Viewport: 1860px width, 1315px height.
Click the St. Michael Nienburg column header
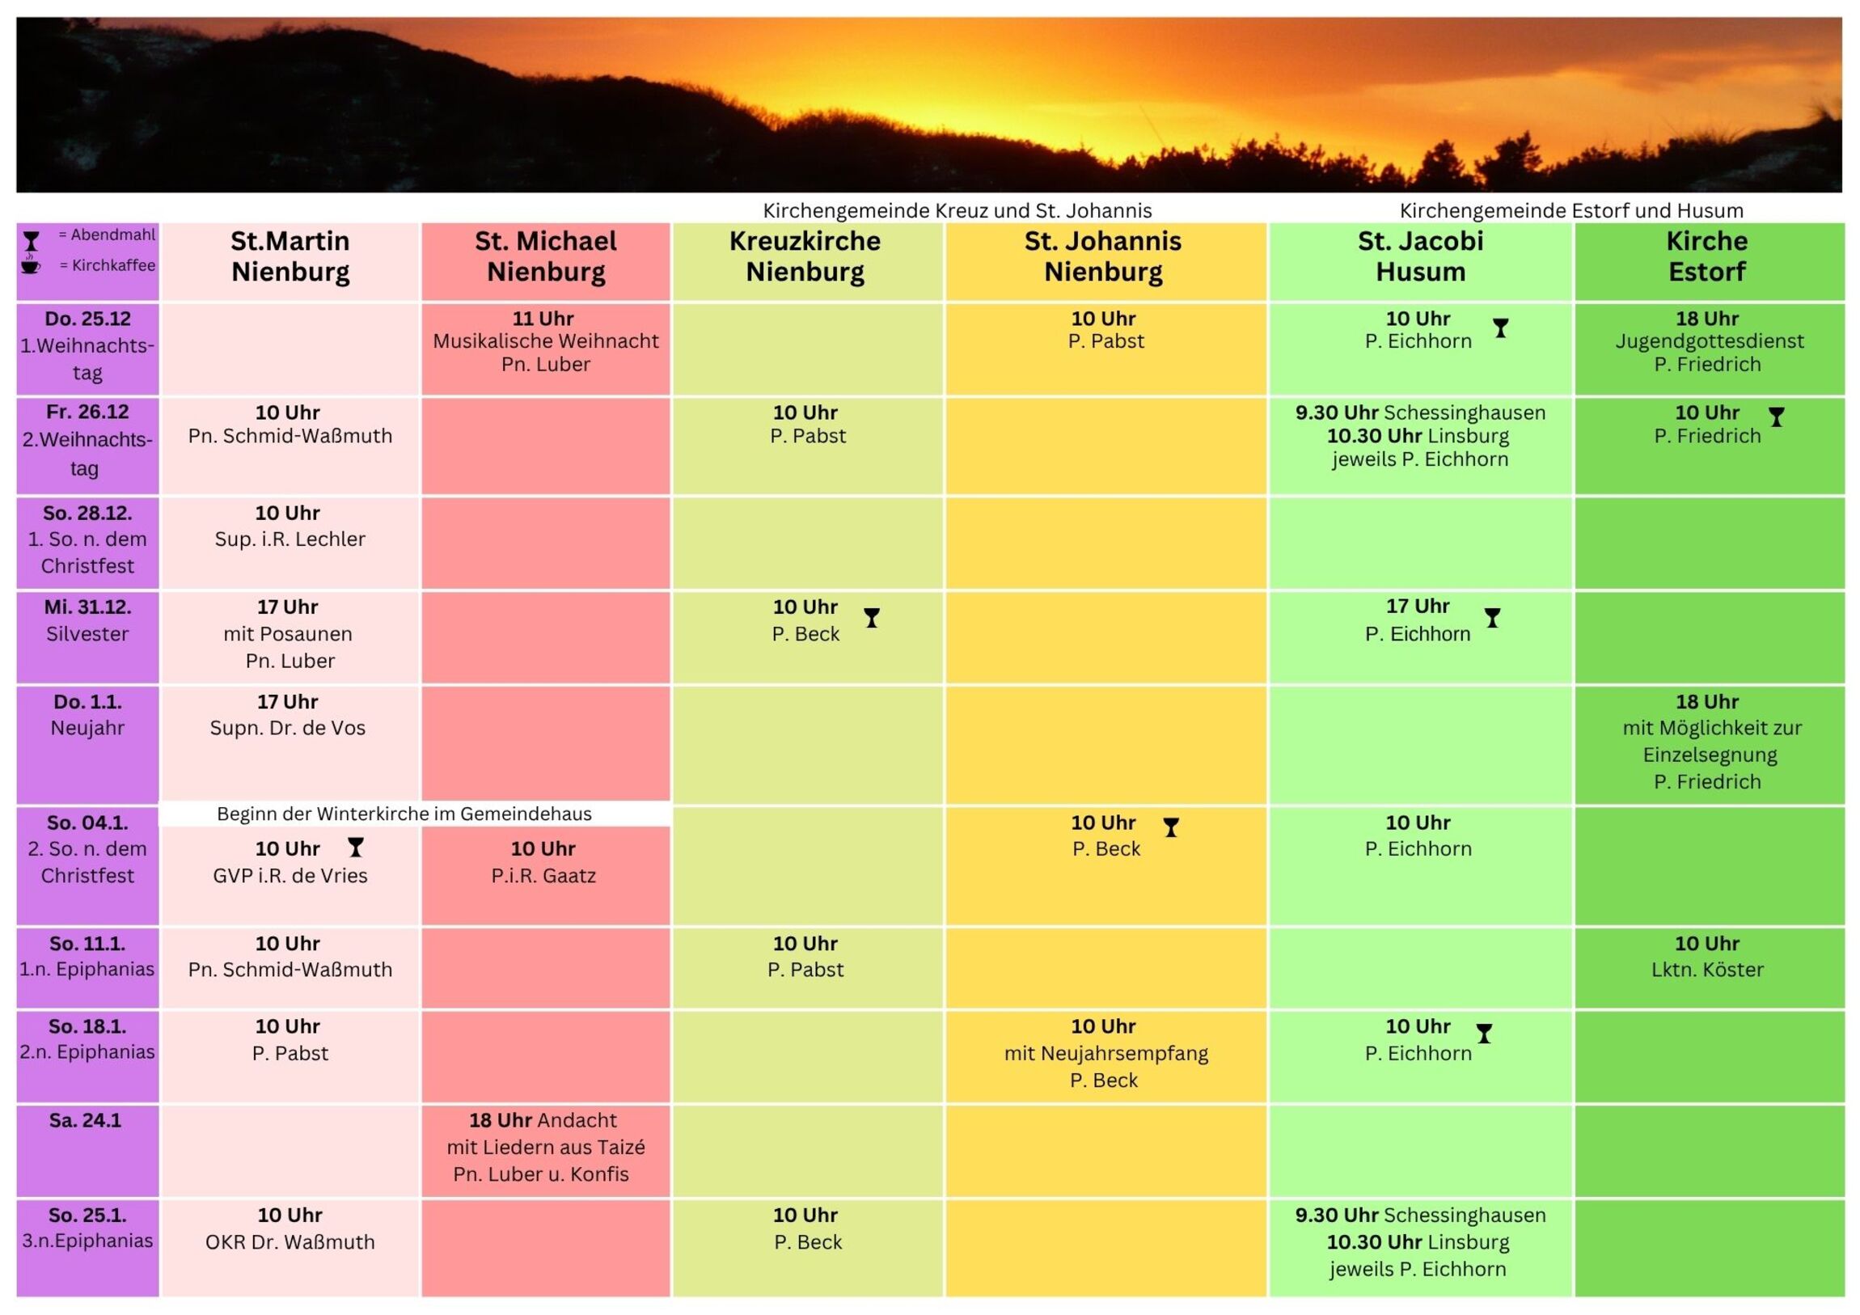[545, 256]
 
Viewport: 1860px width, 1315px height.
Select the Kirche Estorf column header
[1707, 256]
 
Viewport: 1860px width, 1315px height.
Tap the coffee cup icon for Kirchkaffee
[31, 264]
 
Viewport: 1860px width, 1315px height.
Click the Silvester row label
[87, 633]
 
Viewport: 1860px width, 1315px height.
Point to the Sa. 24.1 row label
[85, 1121]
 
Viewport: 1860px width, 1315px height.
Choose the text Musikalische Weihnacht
[545, 341]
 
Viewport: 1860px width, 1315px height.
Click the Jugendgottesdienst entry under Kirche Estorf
[1710, 341]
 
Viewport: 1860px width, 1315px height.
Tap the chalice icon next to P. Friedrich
[1776, 417]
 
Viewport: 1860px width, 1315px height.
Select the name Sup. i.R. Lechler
[290, 539]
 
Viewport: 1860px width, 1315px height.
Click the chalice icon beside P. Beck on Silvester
[872, 618]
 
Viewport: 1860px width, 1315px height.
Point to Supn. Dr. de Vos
[288, 728]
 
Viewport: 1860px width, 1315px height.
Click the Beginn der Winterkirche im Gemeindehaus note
[404, 814]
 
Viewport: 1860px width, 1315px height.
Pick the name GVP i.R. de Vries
[290, 876]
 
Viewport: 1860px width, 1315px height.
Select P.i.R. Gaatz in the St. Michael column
[543, 876]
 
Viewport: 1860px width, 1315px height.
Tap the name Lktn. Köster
[1707, 969]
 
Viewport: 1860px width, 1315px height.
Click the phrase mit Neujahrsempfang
[1105, 1053]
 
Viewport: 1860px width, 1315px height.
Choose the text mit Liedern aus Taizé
[545, 1148]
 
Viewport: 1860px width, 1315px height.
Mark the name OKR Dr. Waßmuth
[290, 1242]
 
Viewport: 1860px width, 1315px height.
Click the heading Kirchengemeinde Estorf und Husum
[1570, 210]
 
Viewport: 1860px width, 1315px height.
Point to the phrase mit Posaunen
[288, 633]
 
